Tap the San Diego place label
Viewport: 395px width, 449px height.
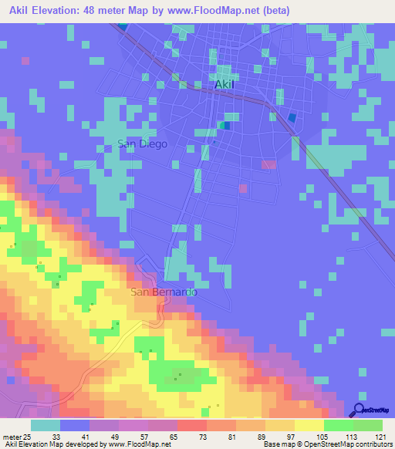(142, 143)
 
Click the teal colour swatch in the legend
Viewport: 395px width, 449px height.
(46, 425)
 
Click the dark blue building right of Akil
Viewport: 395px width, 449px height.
(292, 118)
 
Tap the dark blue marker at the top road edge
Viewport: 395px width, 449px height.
(123, 25)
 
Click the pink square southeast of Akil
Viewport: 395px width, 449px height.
(268, 164)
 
